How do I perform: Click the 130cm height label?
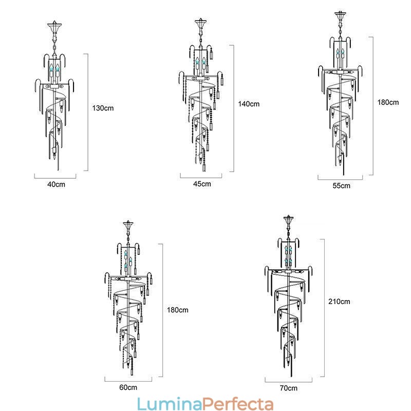pyautogui.click(x=103, y=108)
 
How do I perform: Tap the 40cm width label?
pyautogui.click(x=56, y=184)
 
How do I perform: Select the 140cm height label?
pyautogui.click(x=249, y=104)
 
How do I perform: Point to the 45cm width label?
pyautogui.click(x=202, y=184)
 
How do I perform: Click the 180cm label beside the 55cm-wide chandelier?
pyautogui.click(x=388, y=102)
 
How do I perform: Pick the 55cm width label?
pyautogui.click(x=341, y=186)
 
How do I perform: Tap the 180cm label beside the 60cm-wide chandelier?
pyautogui.click(x=177, y=310)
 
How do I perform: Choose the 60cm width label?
pyautogui.click(x=128, y=387)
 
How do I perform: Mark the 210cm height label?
pyautogui.click(x=339, y=302)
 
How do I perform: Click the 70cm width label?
pyautogui.click(x=289, y=388)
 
